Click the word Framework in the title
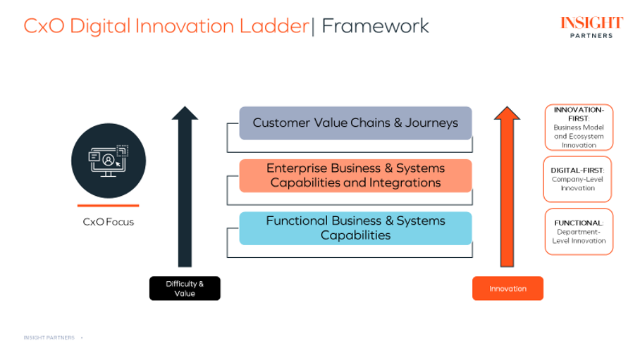375,26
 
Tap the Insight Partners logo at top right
591,26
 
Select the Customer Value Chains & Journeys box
355,123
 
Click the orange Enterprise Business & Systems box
355,175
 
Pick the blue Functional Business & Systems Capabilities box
355,228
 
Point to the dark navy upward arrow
185,187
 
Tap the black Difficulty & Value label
185,288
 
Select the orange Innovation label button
507,288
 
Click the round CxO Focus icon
109,160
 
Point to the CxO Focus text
109,222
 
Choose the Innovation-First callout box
579,128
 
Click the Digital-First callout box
578,179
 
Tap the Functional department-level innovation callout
579,232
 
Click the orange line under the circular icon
109,206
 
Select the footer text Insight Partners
49,338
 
